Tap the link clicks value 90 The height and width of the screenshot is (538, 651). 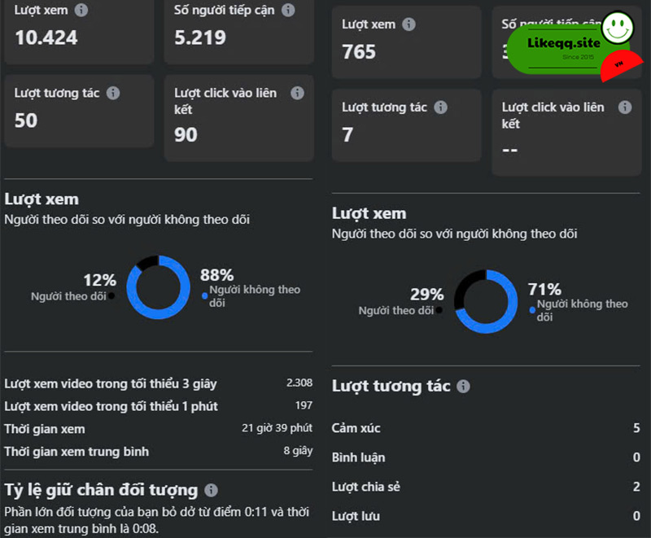click(x=186, y=135)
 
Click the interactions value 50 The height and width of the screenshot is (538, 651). click(x=26, y=120)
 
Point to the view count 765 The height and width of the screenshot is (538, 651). click(x=359, y=52)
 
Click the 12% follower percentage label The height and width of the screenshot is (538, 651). click(x=99, y=280)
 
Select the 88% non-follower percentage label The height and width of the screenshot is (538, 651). click(x=216, y=275)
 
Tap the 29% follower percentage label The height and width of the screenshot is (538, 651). click(x=426, y=295)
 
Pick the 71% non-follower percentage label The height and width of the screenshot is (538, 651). click(x=544, y=289)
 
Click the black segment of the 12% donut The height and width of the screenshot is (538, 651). click(x=146, y=263)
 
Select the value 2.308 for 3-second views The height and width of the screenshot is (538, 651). click(x=299, y=383)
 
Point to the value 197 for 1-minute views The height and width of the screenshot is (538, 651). click(x=304, y=405)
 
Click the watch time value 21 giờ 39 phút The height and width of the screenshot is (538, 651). click(x=277, y=428)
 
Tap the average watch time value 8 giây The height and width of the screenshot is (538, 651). click(x=298, y=451)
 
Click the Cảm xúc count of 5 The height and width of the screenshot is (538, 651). click(x=636, y=428)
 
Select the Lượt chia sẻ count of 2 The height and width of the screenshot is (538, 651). click(x=636, y=487)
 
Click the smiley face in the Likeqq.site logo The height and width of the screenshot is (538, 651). click(x=617, y=28)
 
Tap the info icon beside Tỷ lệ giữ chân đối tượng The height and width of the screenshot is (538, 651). click(x=211, y=491)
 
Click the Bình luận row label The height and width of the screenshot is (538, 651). click(x=358, y=457)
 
